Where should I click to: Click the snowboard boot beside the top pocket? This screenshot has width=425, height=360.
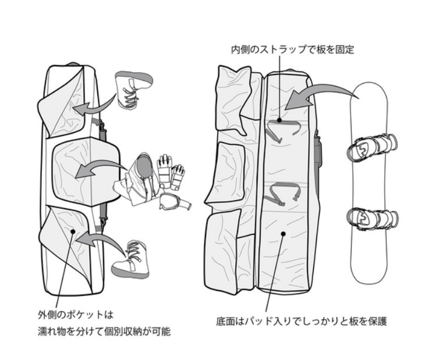(133, 89)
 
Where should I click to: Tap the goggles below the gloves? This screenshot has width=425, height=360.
(173, 201)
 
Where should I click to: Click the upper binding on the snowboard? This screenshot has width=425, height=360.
(373, 147)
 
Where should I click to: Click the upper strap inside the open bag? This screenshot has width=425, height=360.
(281, 130)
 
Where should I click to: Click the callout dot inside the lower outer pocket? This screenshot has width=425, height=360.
(72, 231)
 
